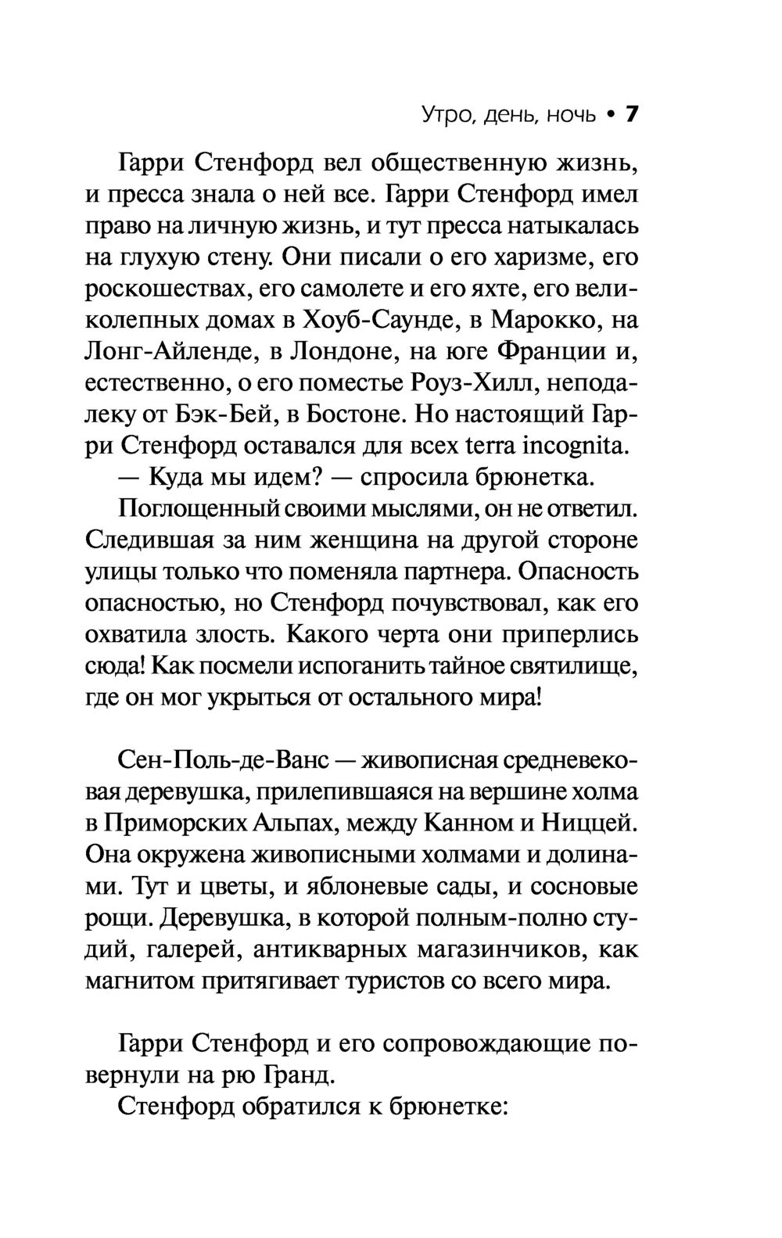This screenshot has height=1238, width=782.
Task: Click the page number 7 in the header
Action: [631, 115]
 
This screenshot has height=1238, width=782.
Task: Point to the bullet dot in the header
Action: [608, 116]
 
